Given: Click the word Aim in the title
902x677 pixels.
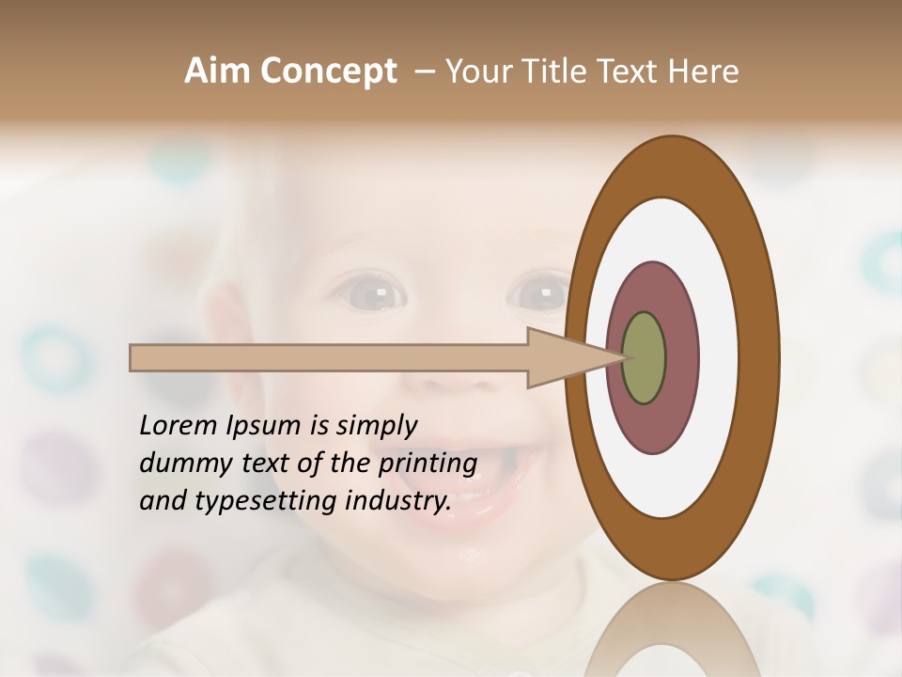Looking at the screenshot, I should coord(218,71).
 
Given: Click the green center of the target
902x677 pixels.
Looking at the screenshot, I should coord(644,357).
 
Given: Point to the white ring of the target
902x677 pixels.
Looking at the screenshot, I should coord(719,357).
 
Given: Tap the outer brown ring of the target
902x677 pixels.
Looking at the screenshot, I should coord(759,357).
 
